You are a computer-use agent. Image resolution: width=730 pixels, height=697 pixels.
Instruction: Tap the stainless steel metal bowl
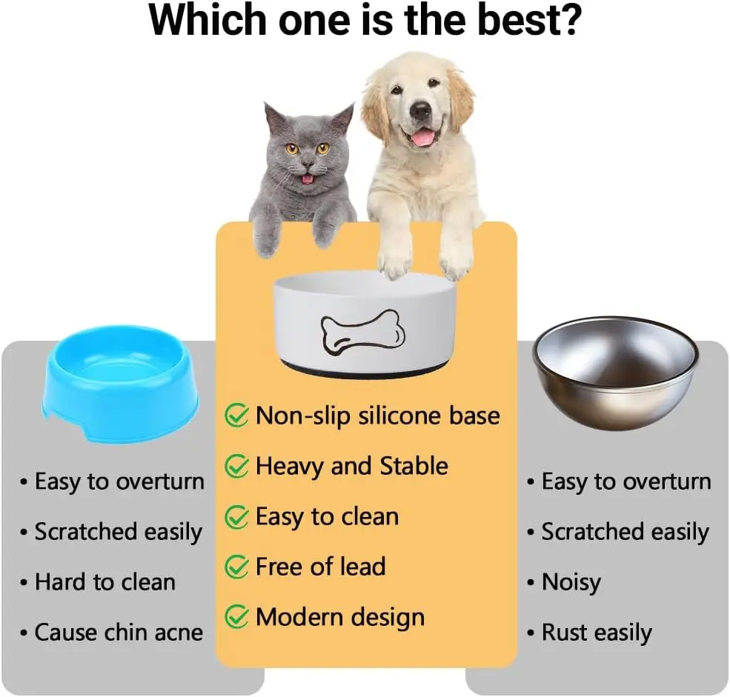(615, 373)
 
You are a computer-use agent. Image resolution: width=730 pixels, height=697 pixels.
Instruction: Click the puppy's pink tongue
(423, 136)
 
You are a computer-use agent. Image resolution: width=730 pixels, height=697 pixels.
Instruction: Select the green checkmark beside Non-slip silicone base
(237, 415)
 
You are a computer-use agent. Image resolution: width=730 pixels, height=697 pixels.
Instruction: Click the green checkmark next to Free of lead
(237, 566)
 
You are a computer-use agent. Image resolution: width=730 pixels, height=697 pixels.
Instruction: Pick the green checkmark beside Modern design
(237, 617)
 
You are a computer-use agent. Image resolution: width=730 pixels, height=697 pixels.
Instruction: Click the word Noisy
(571, 582)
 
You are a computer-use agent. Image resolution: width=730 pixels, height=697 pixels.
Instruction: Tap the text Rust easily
(597, 633)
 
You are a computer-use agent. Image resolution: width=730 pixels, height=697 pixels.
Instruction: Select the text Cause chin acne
(119, 633)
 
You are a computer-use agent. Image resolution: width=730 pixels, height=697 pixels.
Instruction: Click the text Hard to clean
(105, 581)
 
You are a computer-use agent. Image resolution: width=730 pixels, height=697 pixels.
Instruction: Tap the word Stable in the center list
(414, 466)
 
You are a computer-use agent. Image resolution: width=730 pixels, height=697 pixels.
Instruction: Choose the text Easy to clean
(328, 516)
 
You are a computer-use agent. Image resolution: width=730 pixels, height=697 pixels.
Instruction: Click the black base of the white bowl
(365, 370)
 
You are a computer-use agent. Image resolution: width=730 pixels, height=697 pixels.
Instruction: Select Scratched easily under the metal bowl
(626, 532)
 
